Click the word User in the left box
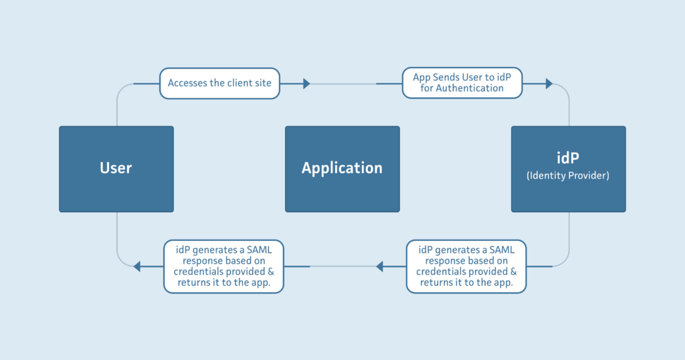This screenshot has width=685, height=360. [116, 168]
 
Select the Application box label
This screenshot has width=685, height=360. [342, 168]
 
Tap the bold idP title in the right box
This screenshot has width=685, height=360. [568, 157]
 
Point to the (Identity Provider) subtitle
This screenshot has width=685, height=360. [568, 175]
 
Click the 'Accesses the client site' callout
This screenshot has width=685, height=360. [219, 83]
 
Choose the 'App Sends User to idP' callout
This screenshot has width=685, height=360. [462, 82]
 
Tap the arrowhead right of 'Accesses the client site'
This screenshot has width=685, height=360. [306, 84]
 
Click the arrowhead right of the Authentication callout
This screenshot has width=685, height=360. [549, 84]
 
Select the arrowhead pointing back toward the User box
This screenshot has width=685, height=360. [137, 266]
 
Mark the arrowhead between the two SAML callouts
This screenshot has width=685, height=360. [380, 266]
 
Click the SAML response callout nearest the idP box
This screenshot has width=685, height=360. [466, 266]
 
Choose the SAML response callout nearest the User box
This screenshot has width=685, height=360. [223, 266]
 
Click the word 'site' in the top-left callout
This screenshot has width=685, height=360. [263, 83]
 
